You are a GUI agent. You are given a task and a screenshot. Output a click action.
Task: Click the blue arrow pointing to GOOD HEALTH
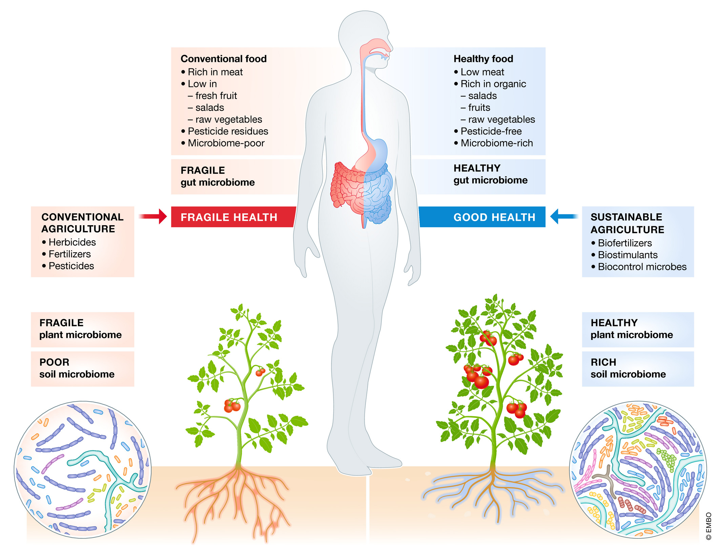(x=564, y=216)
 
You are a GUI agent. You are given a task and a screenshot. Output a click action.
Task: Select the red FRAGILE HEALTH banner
(x=229, y=217)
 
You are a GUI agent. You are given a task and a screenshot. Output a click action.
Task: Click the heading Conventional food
(x=224, y=59)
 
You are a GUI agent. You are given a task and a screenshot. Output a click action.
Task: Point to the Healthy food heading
(x=483, y=59)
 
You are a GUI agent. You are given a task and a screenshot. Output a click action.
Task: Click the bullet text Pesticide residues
(x=228, y=131)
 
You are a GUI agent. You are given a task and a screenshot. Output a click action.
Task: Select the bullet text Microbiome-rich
(x=496, y=143)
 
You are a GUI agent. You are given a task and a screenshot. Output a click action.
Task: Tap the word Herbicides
(x=72, y=242)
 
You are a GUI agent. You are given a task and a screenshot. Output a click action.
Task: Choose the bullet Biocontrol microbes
(x=642, y=267)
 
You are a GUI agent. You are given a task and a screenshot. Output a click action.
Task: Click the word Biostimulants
(x=627, y=255)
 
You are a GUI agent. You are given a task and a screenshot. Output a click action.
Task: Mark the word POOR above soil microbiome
(x=54, y=362)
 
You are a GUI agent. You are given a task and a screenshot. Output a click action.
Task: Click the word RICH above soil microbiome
(x=603, y=362)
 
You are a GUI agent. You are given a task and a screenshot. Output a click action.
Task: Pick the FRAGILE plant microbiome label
(x=80, y=329)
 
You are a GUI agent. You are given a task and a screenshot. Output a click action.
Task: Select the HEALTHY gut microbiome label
(x=490, y=174)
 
